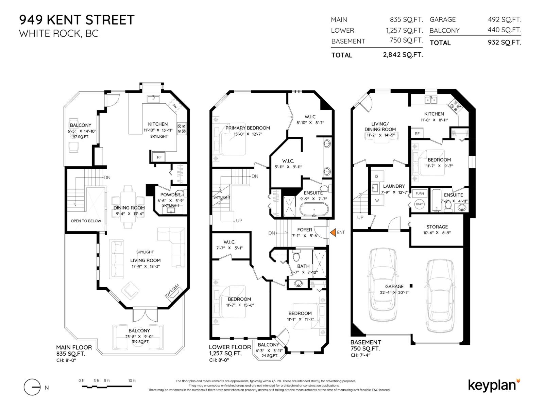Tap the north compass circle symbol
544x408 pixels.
pos(32,387)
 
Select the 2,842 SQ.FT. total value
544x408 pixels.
pos(403,55)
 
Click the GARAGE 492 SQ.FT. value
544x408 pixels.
pos(504,20)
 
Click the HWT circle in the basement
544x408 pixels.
pos(419,204)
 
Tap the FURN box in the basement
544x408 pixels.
pos(420,193)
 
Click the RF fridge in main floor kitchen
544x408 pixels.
pos(159,157)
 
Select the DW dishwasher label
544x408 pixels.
pos(175,106)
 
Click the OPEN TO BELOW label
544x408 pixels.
pos(86,221)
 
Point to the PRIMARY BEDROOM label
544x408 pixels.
pos(248,128)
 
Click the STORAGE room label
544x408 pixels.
pos(437,227)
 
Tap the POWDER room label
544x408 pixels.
pos(170,195)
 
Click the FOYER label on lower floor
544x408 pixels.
pos(304,230)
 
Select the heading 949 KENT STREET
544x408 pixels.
pos(77,20)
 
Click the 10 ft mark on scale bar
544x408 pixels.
pos(132,381)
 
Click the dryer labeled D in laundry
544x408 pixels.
pos(376,176)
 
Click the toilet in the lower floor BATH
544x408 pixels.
pos(296,256)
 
